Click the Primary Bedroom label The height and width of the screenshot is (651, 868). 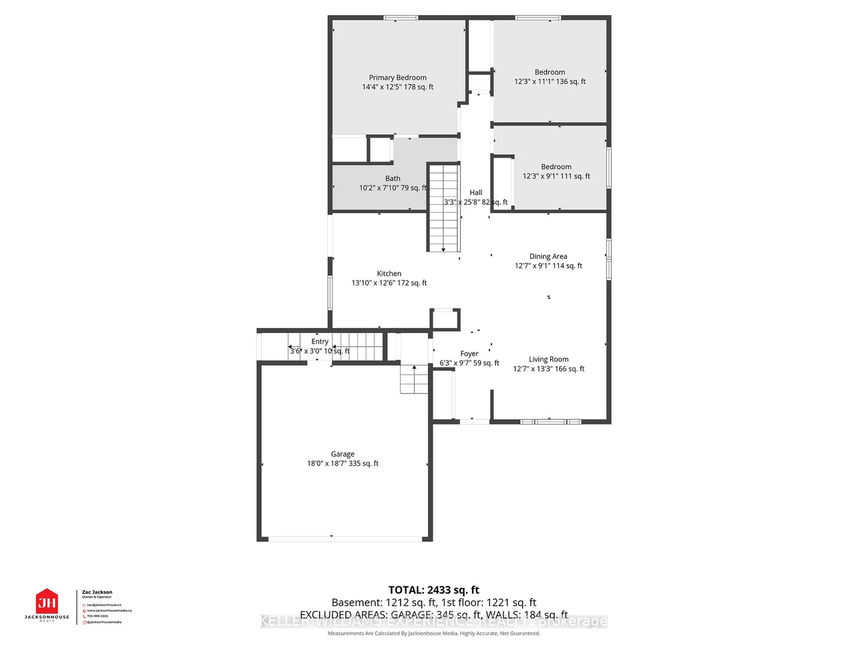pyautogui.click(x=397, y=77)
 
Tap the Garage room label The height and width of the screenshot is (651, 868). pyautogui.click(x=343, y=454)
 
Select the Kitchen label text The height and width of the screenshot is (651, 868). pyautogui.click(x=389, y=274)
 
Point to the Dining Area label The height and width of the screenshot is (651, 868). pyautogui.click(x=548, y=256)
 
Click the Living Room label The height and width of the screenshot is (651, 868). pyautogui.click(x=548, y=359)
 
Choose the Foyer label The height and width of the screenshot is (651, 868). pyautogui.click(x=469, y=354)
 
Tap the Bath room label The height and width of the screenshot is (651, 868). pyautogui.click(x=393, y=178)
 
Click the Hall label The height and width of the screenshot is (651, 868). pyautogui.click(x=475, y=192)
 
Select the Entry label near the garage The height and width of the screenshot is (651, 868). pyautogui.click(x=320, y=342)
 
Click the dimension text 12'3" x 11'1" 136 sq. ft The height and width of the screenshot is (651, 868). pyautogui.click(x=550, y=81)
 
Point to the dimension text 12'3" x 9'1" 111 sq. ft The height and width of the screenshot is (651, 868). pyautogui.click(x=556, y=176)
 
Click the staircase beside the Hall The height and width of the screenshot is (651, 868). pyautogui.click(x=443, y=207)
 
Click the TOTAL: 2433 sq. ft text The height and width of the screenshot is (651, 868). pyautogui.click(x=434, y=590)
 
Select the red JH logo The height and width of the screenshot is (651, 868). pyautogui.click(x=47, y=602)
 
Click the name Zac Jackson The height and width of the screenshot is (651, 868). pyautogui.click(x=97, y=592)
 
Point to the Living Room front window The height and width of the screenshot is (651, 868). pyautogui.click(x=550, y=421)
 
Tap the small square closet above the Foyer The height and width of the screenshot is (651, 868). pyautogui.click(x=445, y=319)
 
